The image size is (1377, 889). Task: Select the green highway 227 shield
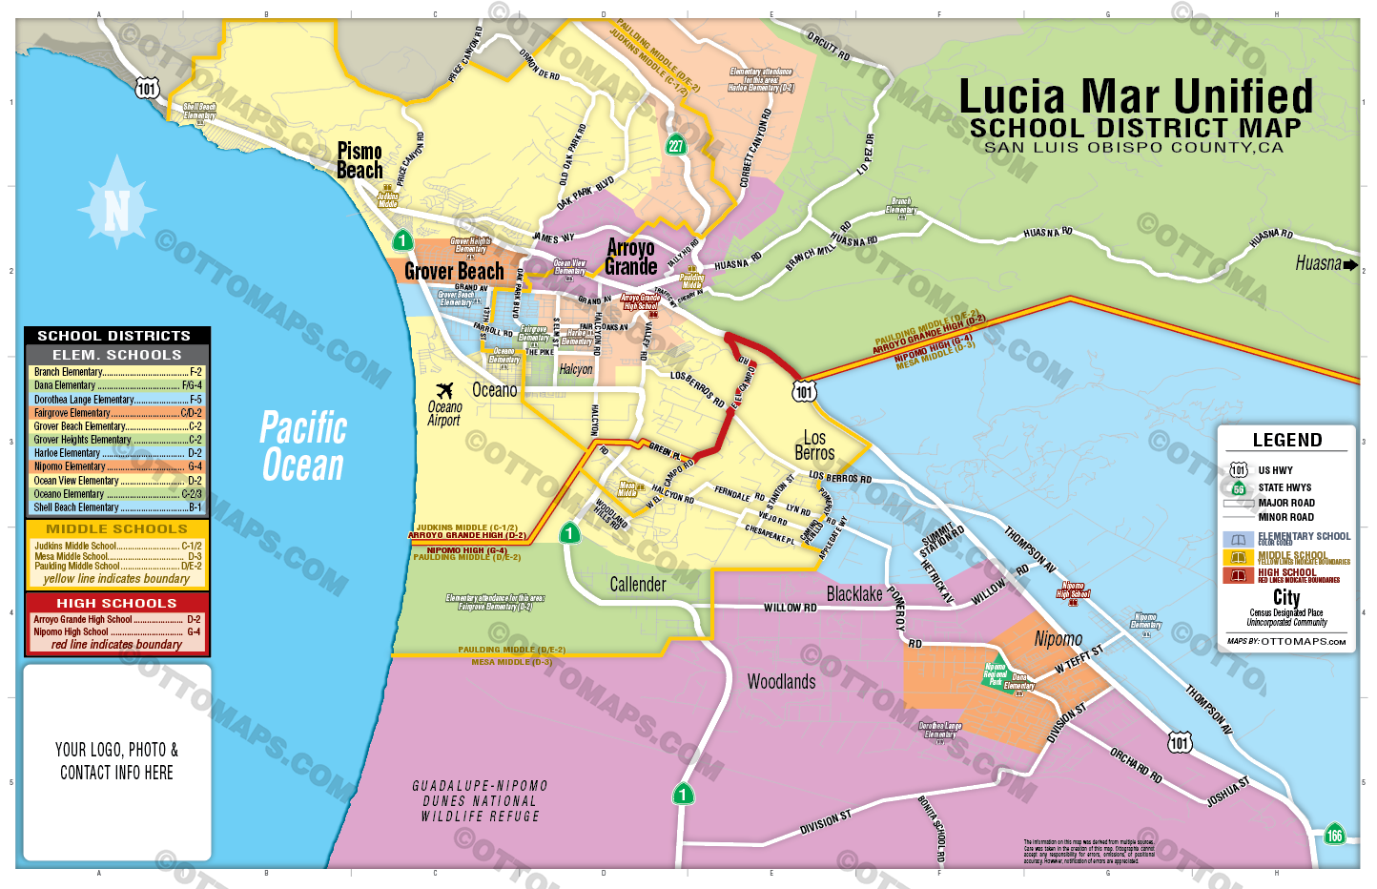pos(675,146)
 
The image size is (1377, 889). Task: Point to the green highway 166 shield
pos(1334,836)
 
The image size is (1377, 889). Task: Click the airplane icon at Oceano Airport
pos(444,390)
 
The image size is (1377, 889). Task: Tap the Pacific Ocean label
pos(303,446)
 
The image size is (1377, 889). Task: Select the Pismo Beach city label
pos(360,161)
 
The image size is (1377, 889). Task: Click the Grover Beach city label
pos(454,272)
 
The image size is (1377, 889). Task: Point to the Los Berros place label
pos(814,445)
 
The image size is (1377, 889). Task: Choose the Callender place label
pos(638,585)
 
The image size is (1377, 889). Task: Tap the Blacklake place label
pos(854,594)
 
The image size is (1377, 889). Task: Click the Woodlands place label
pos(781,682)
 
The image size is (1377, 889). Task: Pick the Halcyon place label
pos(576,369)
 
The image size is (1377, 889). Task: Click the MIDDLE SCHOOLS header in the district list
pos(116,528)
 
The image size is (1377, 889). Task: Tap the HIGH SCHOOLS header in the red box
pos(116,603)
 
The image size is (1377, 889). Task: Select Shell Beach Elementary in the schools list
pos(76,507)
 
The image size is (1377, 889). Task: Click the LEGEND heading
pos(1286,440)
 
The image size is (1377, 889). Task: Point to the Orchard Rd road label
pos(1136,765)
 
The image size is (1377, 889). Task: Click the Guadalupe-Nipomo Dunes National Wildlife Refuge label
pos(480,801)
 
